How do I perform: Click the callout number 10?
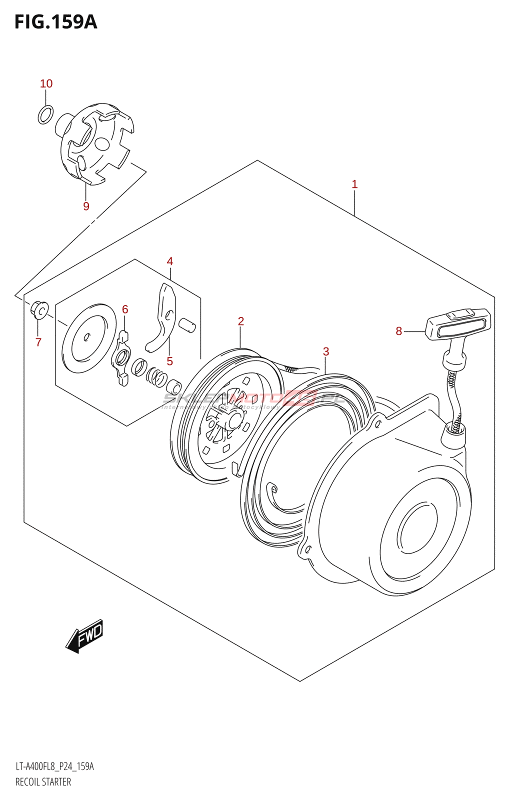coord(46,83)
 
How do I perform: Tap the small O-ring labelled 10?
coord(45,114)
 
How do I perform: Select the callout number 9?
coord(86,206)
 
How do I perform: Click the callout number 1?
coord(354,184)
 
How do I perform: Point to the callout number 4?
coord(170,261)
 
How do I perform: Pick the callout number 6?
coord(125,309)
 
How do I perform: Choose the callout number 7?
coord(38,342)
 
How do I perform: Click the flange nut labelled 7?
coord(39,309)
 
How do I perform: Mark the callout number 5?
coord(170,361)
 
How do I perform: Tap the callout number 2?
coord(241,321)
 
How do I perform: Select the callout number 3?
coord(326,351)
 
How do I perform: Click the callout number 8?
coord(399,331)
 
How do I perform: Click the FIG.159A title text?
coord(55,22)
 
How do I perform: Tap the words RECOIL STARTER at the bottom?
coord(43,782)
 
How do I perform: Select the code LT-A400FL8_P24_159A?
coord(54,766)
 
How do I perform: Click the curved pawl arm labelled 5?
coord(162,320)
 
